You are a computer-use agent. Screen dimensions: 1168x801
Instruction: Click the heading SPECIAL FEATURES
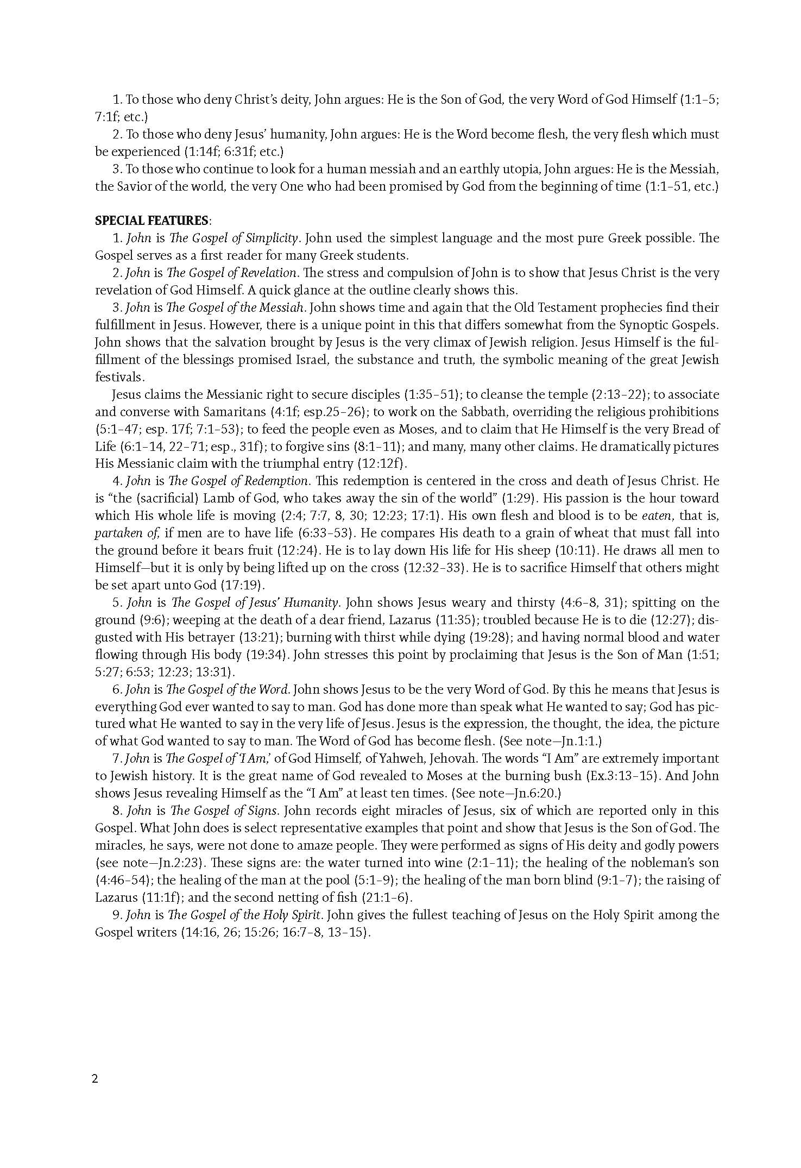(152, 221)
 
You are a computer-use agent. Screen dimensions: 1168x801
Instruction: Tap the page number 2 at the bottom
(96, 1079)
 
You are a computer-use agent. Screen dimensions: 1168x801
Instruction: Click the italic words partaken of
(116, 533)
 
